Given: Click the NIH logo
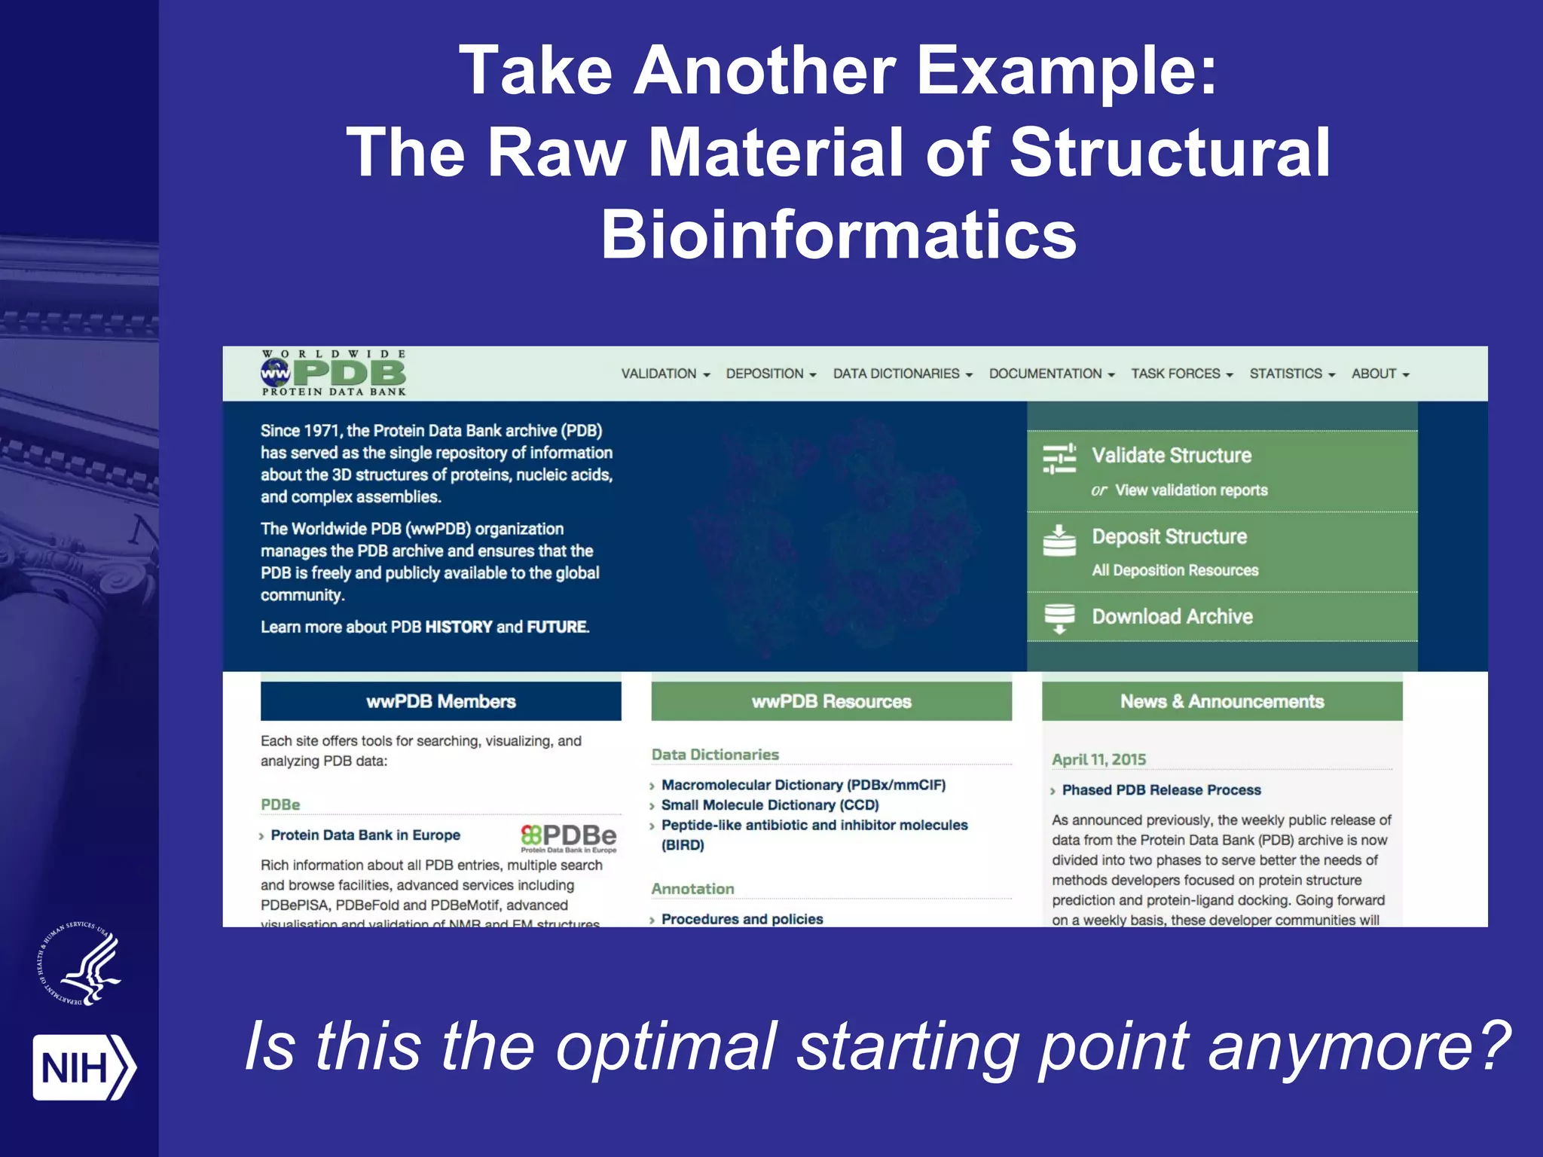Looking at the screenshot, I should pos(83,1067).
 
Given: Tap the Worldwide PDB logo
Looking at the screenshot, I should pos(334,373).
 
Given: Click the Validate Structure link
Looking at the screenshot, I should pos(1171,455).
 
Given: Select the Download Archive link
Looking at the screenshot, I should pos(1172,616).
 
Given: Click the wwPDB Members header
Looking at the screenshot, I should pos(441,701).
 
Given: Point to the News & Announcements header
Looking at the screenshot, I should pos(1221,701).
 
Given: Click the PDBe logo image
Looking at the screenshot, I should pos(569,837).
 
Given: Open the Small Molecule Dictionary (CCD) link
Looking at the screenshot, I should pos(769,805).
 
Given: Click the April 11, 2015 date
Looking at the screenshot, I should pos(1098,759).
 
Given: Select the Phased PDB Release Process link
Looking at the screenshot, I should pos(1160,790).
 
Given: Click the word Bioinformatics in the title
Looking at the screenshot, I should pos(838,234).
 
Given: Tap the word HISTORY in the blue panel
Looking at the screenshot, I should pos(458,627).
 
